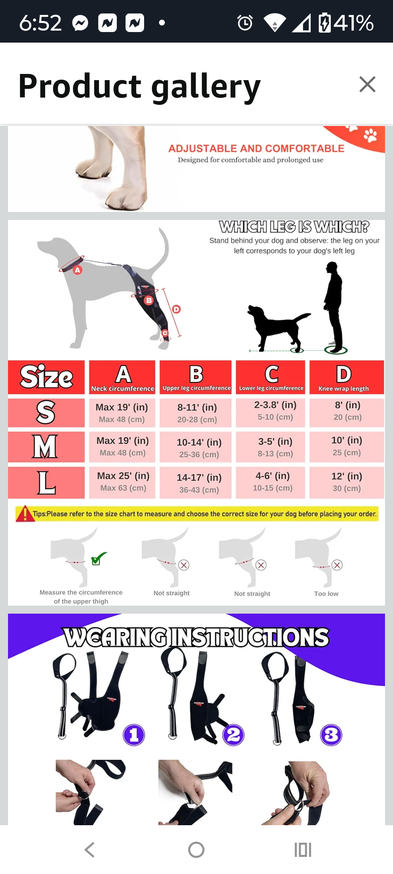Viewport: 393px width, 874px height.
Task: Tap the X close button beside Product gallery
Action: [x=367, y=84]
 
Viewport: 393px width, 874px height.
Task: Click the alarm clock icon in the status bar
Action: [x=245, y=23]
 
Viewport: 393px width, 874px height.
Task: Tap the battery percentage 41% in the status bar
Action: [x=353, y=23]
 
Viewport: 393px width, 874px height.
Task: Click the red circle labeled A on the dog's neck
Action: [x=78, y=270]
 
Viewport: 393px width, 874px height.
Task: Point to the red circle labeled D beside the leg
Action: [x=176, y=309]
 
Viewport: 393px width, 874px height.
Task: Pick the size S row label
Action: [x=46, y=413]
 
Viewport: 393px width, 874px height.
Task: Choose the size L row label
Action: [x=46, y=483]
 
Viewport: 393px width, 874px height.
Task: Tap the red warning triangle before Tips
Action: [x=24, y=513]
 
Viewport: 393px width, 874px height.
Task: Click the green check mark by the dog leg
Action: [x=99, y=558]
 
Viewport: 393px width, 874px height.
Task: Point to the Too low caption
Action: [x=326, y=594]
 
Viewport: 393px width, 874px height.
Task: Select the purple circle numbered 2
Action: [x=233, y=735]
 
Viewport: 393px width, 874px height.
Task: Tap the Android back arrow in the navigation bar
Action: [x=90, y=850]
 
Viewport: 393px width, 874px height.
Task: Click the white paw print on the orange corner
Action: [x=370, y=135]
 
